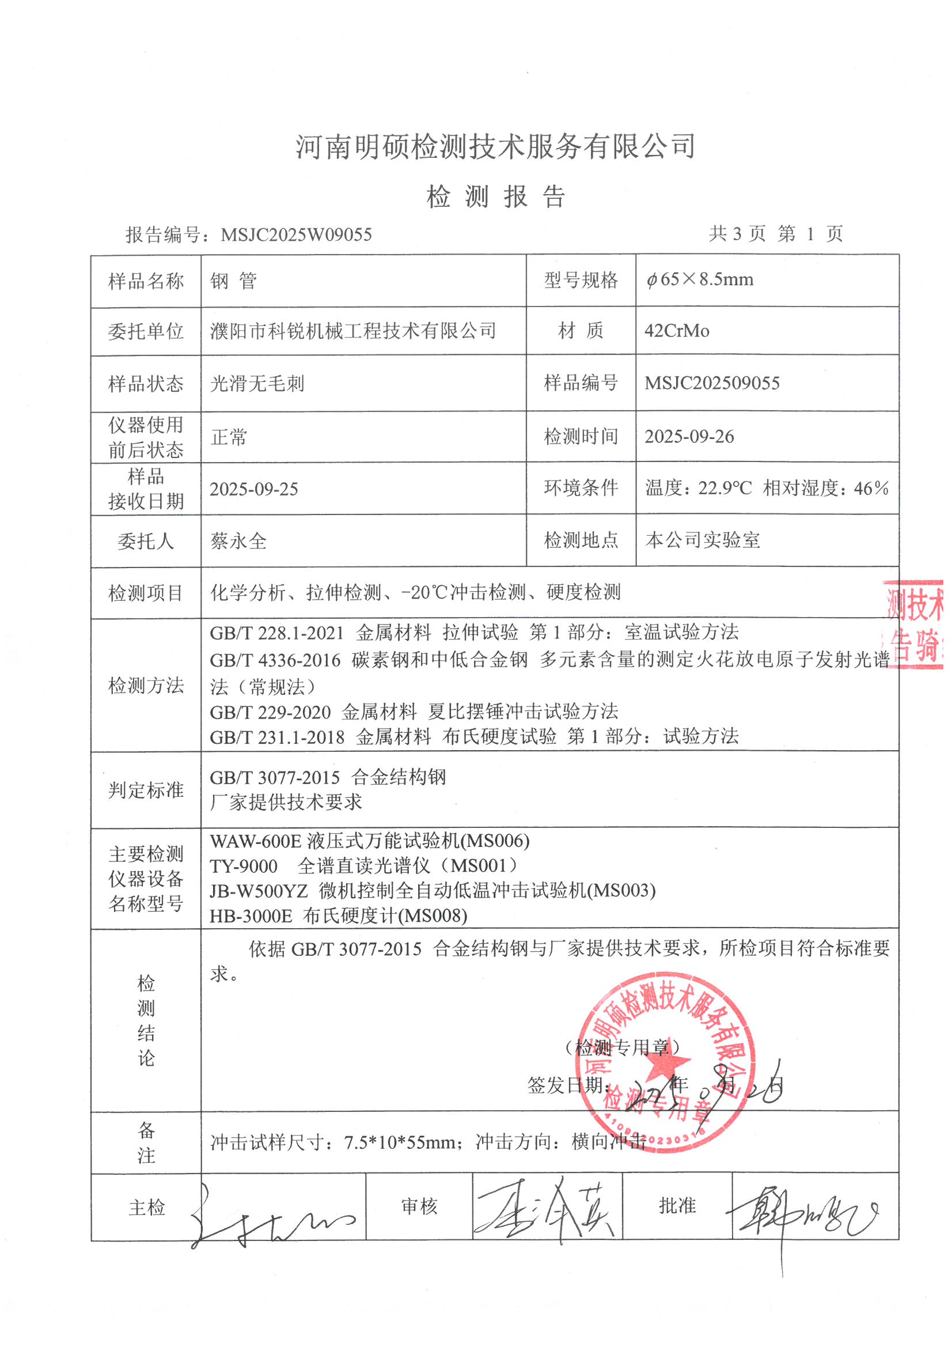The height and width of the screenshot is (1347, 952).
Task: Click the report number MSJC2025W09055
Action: click(x=296, y=234)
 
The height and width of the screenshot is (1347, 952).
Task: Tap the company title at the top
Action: click(x=496, y=147)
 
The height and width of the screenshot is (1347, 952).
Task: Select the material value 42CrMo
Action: click(x=677, y=331)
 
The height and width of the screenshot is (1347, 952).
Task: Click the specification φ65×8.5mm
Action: click(x=700, y=280)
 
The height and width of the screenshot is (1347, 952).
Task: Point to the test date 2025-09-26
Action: click(x=689, y=437)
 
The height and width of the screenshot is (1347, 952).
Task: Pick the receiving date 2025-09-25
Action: click(x=254, y=489)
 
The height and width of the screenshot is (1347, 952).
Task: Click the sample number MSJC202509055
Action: click(x=712, y=383)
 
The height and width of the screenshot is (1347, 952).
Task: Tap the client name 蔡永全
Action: click(x=239, y=540)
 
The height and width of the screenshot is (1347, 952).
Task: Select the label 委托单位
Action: click(x=146, y=331)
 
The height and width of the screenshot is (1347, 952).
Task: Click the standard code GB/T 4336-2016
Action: click(x=275, y=660)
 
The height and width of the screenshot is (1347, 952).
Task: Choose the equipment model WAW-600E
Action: click(x=256, y=841)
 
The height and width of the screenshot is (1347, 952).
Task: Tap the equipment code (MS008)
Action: click(x=433, y=915)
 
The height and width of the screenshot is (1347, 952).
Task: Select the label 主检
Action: click(x=147, y=1208)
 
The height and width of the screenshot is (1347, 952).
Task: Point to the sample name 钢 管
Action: click(x=233, y=281)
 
